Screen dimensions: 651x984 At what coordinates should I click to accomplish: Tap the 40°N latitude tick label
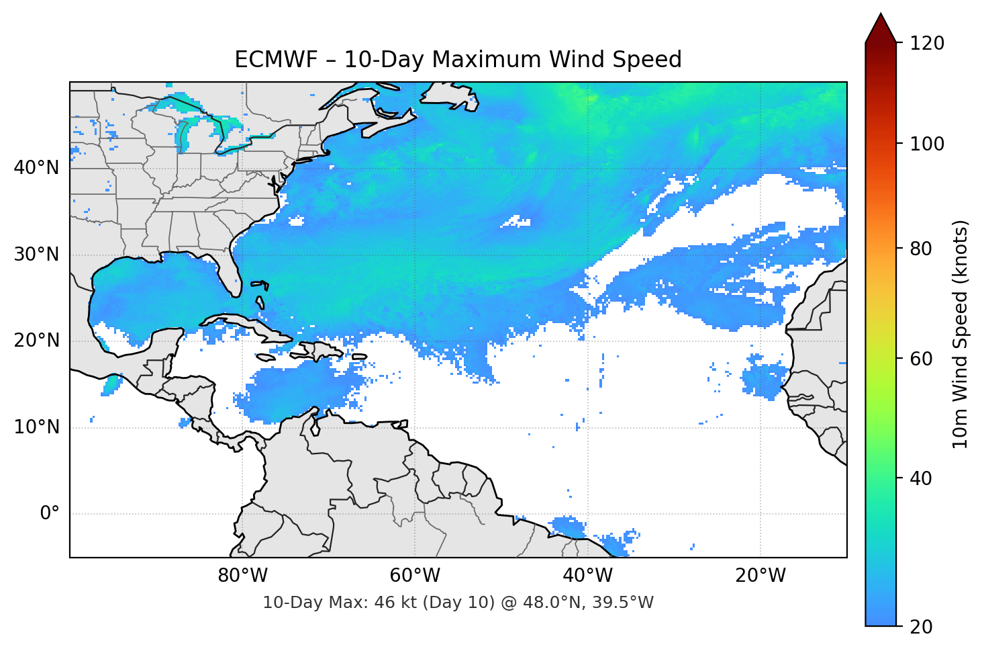coord(36,167)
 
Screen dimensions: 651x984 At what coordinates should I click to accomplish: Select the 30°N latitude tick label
coord(36,255)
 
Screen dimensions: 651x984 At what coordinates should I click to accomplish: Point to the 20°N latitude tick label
coord(36,341)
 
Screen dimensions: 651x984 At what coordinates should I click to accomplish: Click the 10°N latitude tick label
coord(36,427)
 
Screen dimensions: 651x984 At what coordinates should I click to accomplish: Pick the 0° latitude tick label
coord(50,514)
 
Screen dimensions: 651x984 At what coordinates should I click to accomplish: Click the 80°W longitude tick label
coord(242,576)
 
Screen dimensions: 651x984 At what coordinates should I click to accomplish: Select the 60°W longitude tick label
coord(415,576)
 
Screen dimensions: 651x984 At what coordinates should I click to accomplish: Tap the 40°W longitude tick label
coord(587,576)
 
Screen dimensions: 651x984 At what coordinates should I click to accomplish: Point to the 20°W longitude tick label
coord(760,576)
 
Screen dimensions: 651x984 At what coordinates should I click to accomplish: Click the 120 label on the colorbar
coord(927,44)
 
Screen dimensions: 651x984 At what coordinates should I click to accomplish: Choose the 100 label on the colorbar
coord(927,144)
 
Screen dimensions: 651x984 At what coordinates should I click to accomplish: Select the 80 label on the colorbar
coord(920,249)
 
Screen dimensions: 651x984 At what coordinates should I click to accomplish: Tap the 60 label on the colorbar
coord(920,359)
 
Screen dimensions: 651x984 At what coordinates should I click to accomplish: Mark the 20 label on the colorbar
coord(920,627)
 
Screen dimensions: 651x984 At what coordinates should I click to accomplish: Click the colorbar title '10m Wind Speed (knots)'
coord(961,334)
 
